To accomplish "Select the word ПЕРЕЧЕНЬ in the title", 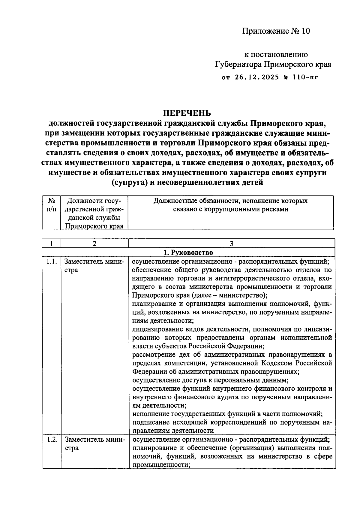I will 187,113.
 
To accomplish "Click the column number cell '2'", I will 94,243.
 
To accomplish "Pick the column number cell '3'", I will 231,243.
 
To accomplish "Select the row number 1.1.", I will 52,262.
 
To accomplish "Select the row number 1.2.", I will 52,440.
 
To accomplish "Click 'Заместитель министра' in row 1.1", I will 94,266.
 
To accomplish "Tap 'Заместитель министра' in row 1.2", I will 94,444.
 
